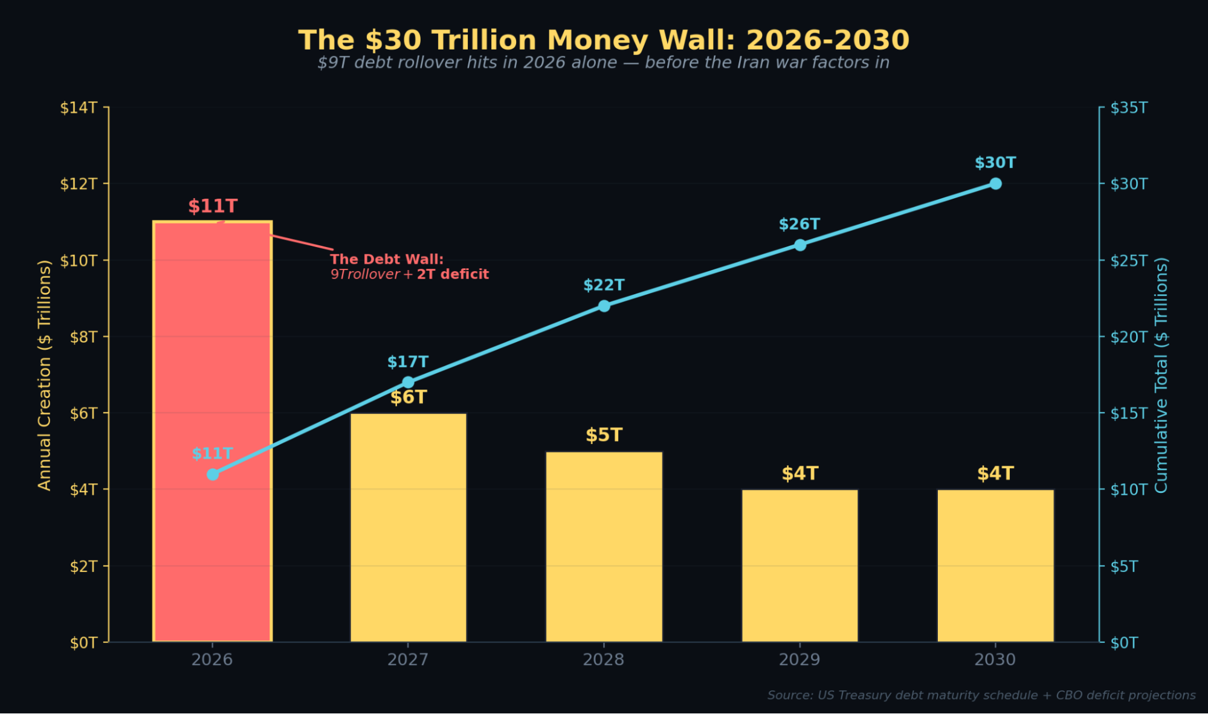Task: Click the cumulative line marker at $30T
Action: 995,184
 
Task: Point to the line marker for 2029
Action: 799,245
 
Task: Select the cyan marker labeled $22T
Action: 604,306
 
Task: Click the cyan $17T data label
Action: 408,362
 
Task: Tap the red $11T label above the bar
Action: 213,206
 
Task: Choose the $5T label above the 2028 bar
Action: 604,435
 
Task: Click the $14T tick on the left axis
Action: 79,108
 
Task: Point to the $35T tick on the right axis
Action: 1129,108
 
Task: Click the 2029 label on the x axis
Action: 799,660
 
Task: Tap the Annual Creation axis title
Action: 45,375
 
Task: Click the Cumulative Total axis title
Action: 1161,375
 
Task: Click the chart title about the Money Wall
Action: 604,40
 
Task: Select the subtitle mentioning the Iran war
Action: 604,63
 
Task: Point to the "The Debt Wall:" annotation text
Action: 387,259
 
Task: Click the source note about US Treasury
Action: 981,695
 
